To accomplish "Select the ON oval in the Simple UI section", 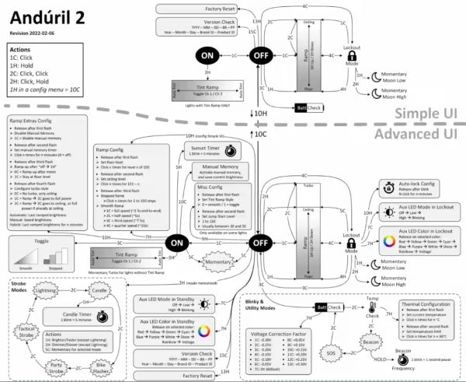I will (x=207, y=56).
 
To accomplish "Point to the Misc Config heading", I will (x=216, y=188).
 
